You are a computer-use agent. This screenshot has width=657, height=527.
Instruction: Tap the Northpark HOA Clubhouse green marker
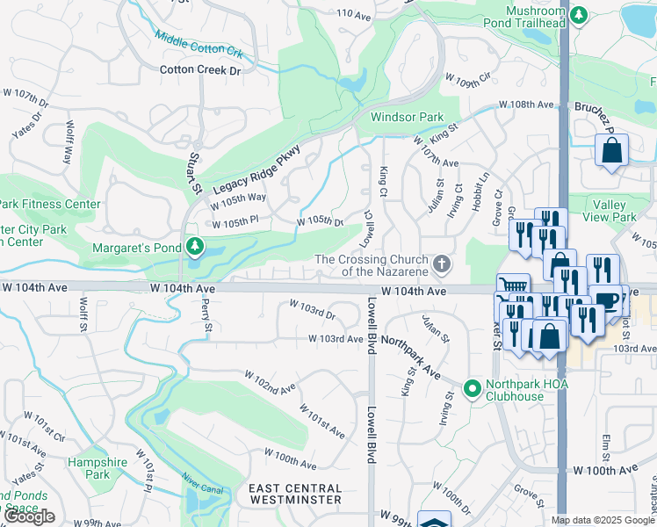pyautogui.click(x=472, y=387)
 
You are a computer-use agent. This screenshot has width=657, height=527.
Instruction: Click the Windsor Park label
pyautogui.click(x=407, y=117)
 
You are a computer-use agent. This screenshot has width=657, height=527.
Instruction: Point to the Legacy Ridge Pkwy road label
pyautogui.click(x=256, y=165)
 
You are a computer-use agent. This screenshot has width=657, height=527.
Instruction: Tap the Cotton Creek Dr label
pyautogui.click(x=200, y=69)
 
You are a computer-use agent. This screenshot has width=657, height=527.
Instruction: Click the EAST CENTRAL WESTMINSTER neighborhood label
pyautogui.click(x=294, y=494)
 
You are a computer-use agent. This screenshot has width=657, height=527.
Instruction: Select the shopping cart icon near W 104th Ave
pyautogui.click(x=513, y=287)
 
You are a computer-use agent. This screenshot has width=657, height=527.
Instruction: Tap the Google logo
pyautogui.click(x=31, y=516)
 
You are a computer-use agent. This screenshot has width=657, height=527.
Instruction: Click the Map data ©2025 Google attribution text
pyautogui.click(x=603, y=520)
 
